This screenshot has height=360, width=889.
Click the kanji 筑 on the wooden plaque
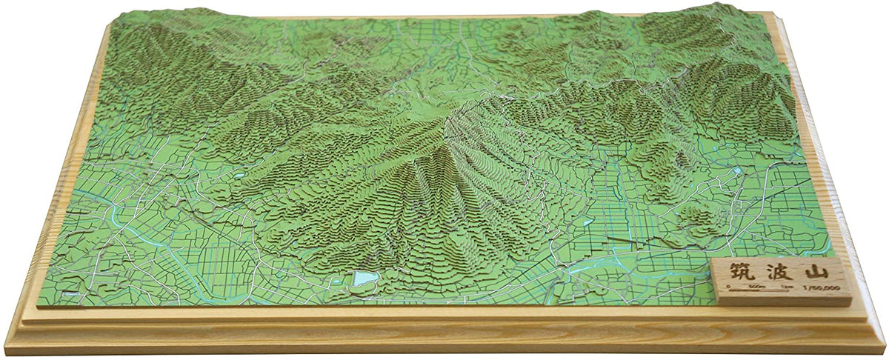pyautogui.click(x=736, y=270)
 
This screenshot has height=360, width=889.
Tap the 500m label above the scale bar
pyautogui.click(x=755, y=285)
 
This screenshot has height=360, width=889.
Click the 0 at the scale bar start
pyautogui.click(x=729, y=285)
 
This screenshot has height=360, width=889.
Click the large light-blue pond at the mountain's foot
pyautogui.click(x=364, y=279)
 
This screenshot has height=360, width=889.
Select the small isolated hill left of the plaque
pyautogui.click(x=694, y=216)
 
